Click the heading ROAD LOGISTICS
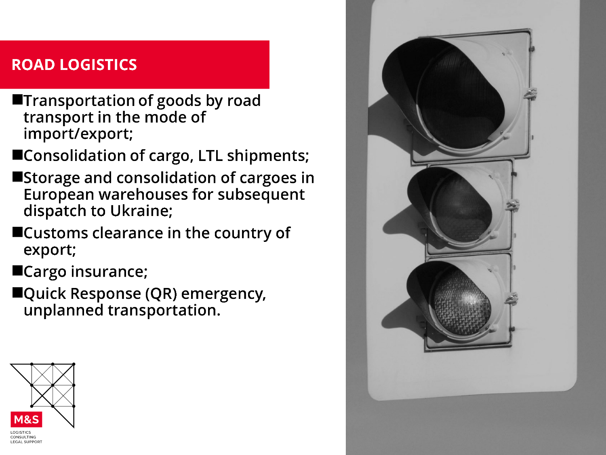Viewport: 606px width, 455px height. [x=74, y=65]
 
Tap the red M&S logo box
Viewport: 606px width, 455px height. [x=27, y=419]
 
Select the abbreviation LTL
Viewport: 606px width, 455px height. [x=210, y=156]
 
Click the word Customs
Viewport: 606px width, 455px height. [x=56, y=233]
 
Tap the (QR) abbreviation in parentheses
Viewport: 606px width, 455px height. [x=161, y=294]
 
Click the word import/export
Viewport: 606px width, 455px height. [x=78, y=134]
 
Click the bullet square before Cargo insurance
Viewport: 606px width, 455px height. [x=17, y=271]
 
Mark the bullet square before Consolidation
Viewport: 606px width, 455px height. [x=17, y=155]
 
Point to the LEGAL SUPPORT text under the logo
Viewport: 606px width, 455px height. [x=26, y=442]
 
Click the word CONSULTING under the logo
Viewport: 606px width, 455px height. [x=23, y=437]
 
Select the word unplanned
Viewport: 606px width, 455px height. [x=63, y=311]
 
